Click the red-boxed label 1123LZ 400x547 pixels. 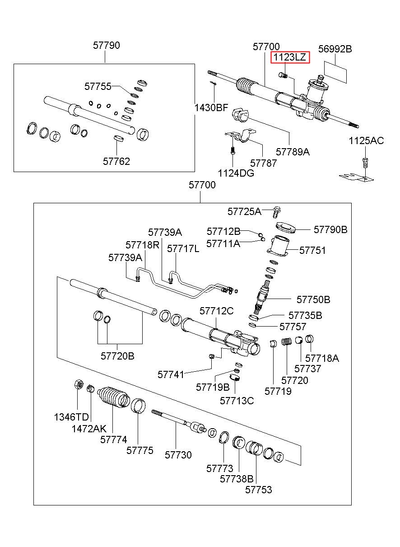(x=290, y=58)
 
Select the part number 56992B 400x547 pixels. (x=335, y=49)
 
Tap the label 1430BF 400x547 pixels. (x=211, y=108)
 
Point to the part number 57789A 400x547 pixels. (x=293, y=152)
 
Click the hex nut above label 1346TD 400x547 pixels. (x=77, y=385)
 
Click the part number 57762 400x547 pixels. (x=116, y=161)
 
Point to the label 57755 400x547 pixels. (x=98, y=86)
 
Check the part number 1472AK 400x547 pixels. (x=89, y=428)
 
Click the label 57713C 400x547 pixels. (x=237, y=400)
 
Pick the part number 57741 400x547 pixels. (x=171, y=374)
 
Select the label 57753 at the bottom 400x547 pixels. (x=259, y=489)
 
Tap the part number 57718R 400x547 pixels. (x=142, y=245)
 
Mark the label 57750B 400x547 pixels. (x=313, y=299)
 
